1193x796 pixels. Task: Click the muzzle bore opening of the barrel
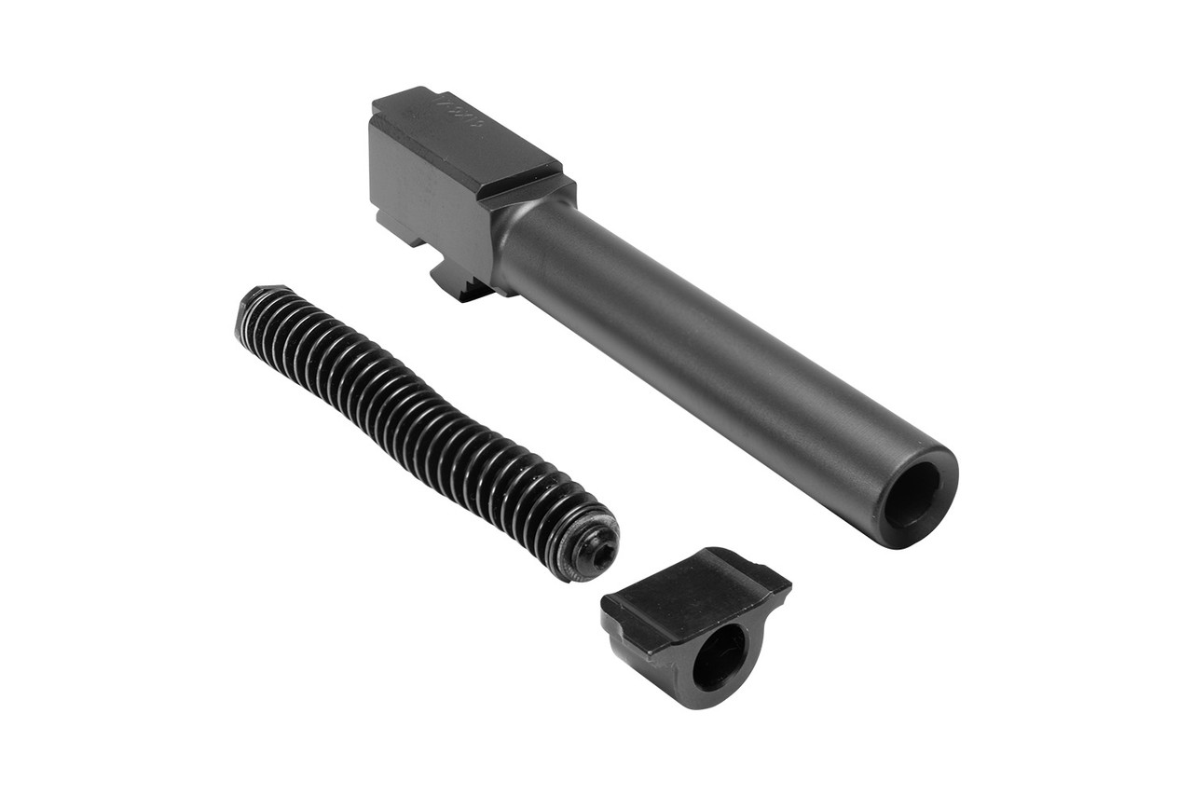[912, 496]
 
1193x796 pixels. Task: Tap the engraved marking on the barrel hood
[459, 115]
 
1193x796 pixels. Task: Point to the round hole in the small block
[719, 656]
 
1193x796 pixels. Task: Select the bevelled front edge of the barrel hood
[522, 182]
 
